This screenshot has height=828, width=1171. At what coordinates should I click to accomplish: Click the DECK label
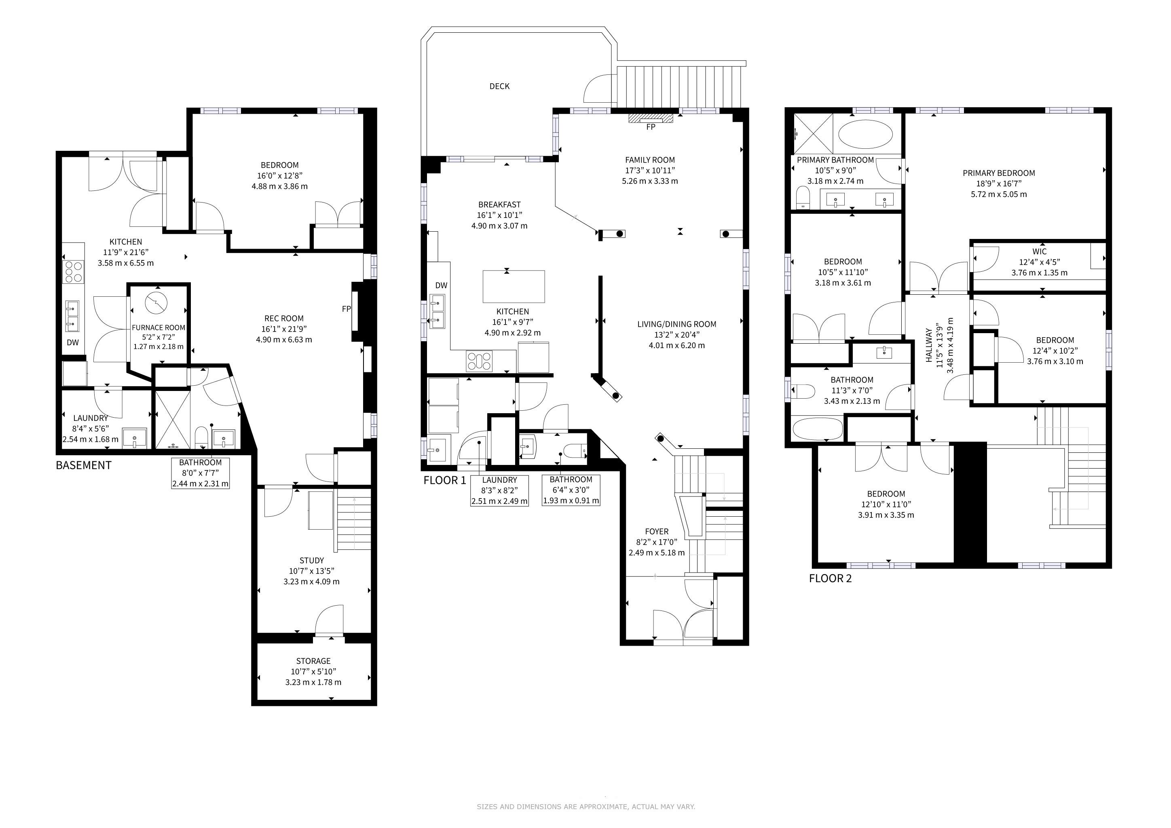click(499, 86)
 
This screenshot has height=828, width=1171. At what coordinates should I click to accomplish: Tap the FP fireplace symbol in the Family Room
click(650, 118)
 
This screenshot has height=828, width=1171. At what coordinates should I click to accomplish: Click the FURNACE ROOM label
click(159, 328)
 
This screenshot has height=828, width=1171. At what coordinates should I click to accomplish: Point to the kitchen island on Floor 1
click(514, 287)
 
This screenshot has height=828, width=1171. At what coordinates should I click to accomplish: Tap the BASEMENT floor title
click(84, 465)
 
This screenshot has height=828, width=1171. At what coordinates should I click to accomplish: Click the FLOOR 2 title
click(830, 578)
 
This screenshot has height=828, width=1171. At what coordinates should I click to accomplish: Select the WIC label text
click(1040, 251)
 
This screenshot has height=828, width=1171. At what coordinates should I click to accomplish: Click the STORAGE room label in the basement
click(313, 661)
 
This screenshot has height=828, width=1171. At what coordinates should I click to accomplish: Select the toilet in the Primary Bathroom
click(804, 198)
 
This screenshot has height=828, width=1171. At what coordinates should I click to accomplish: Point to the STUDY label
click(312, 560)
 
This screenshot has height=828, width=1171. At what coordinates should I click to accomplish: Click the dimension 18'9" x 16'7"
click(999, 184)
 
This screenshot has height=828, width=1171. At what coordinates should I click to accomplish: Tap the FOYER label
click(656, 531)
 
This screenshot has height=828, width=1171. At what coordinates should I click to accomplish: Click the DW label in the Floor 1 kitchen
click(441, 285)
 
